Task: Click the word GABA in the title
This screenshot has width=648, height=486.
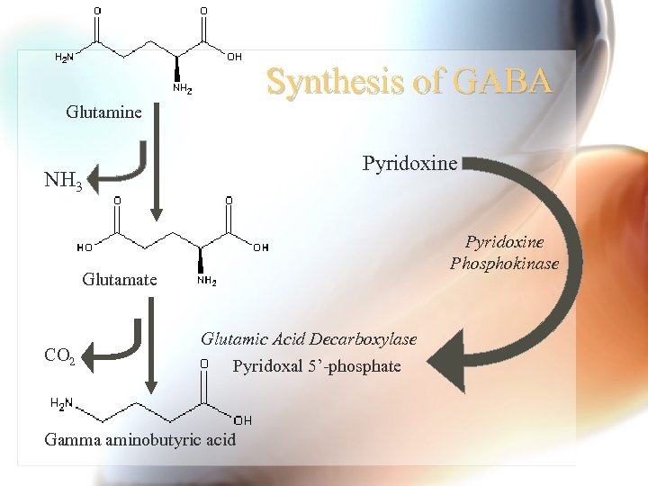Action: [503, 83]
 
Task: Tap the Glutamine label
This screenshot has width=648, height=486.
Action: [103, 112]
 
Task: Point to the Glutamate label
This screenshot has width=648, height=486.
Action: [119, 279]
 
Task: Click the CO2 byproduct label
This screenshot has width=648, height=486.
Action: [60, 355]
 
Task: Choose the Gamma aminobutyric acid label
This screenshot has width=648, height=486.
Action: [139, 440]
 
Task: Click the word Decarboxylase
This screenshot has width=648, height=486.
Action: [364, 339]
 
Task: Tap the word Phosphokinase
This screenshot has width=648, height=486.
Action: [504, 264]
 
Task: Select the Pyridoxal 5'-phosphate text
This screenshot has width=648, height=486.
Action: [317, 366]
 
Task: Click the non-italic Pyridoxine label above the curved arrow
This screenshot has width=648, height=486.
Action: [409, 163]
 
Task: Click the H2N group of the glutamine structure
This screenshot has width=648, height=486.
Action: [65, 58]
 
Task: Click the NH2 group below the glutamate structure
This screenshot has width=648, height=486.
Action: [205, 281]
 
